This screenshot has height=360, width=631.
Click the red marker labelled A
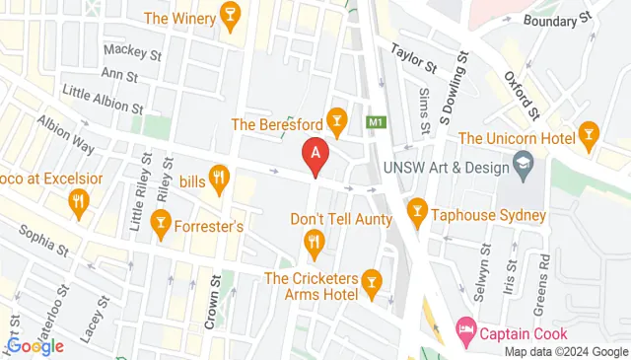pyautogui.click(x=315, y=156)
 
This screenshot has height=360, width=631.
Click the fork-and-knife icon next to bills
pyautogui.click(x=220, y=179)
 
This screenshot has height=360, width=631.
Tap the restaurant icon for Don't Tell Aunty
pyautogui.click(x=314, y=241)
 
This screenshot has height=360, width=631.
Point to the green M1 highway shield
pyautogui.click(x=375, y=123)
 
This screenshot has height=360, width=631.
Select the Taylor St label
pyautogui.click(x=413, y=58)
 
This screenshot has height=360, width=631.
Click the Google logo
pyautogui.click(x=34, y=344)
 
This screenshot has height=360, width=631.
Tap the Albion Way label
pyautogui.click(x=65, y=135)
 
